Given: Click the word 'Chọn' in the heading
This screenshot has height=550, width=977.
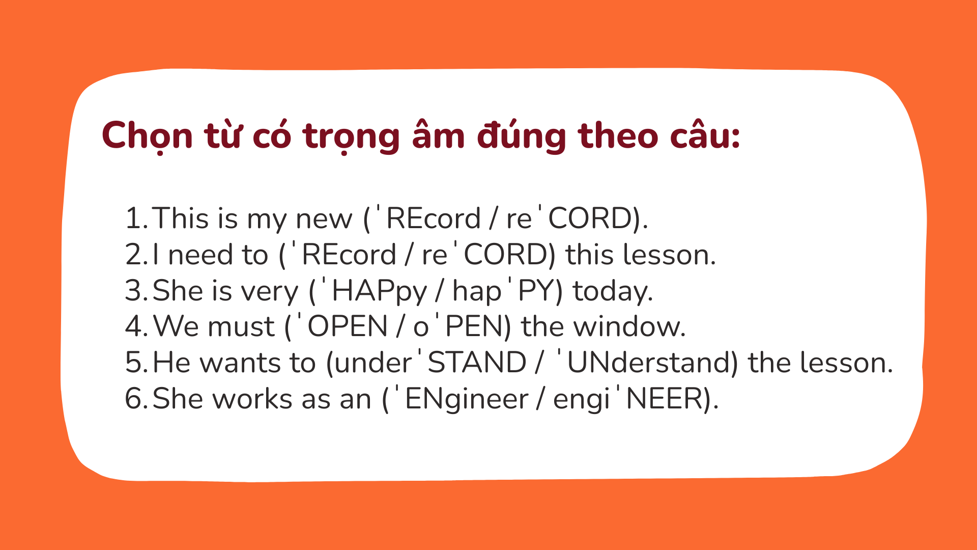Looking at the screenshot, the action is (x=147, y=136).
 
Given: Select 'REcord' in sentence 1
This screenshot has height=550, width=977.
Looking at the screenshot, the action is (x=433, y=218).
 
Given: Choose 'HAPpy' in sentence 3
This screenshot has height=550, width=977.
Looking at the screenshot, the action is (x=379, y=291).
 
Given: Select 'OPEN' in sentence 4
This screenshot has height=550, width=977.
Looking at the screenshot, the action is (x=348, y=326).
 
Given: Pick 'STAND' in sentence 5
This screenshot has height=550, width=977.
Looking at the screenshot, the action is (x=477, y=363).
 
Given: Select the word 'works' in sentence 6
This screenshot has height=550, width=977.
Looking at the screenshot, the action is (x=252, y=399).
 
